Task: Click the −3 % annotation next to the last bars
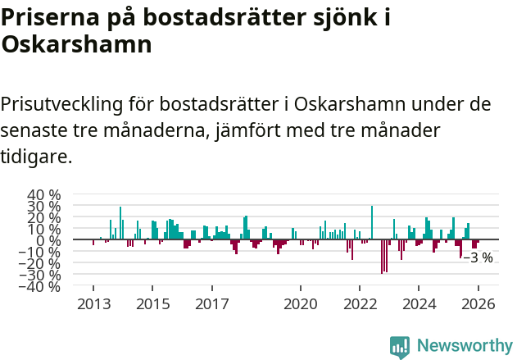point(478,257)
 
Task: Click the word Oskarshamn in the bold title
point(77,45)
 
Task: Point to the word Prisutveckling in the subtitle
point(64,106)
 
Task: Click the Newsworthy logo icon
point(400,346)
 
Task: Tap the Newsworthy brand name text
point(464,346)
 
